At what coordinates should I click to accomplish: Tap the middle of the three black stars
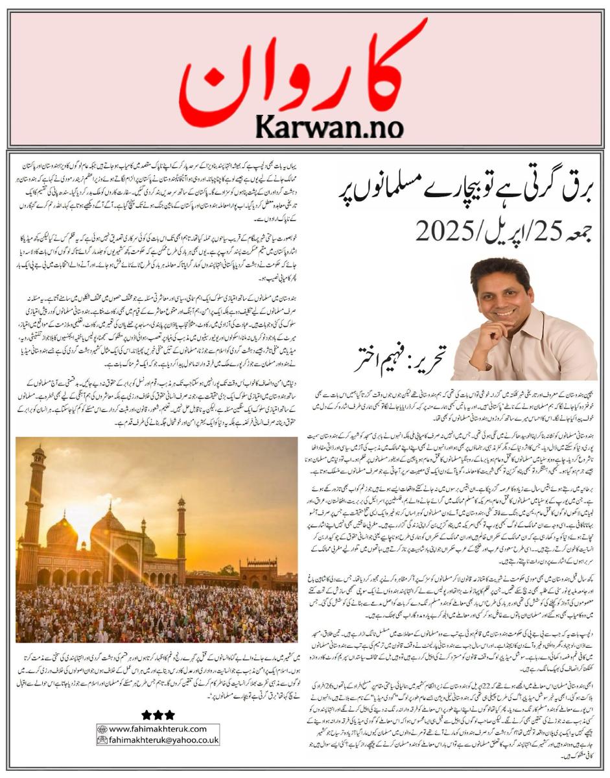(158, 714)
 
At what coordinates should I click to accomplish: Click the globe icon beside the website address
(102, 729)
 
